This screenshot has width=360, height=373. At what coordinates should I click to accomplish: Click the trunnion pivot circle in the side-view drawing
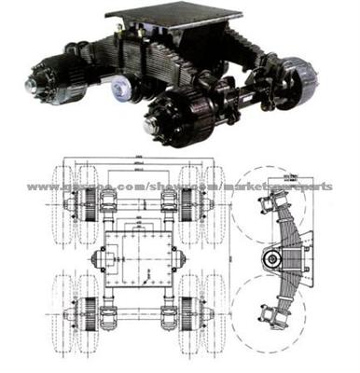coord(277,255)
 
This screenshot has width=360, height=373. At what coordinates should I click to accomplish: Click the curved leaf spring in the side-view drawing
coord(276,233)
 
